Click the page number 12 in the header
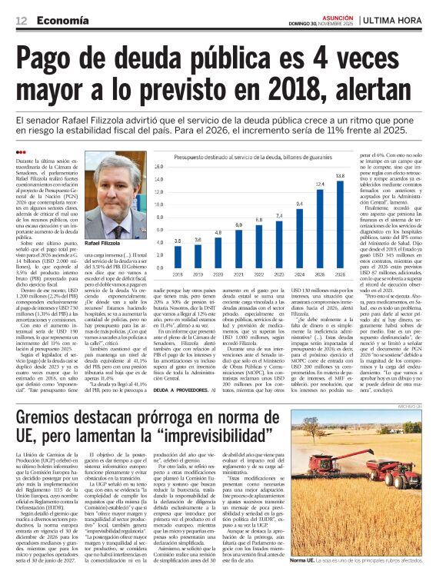coord(18,18)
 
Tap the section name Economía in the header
coord(61,18)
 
